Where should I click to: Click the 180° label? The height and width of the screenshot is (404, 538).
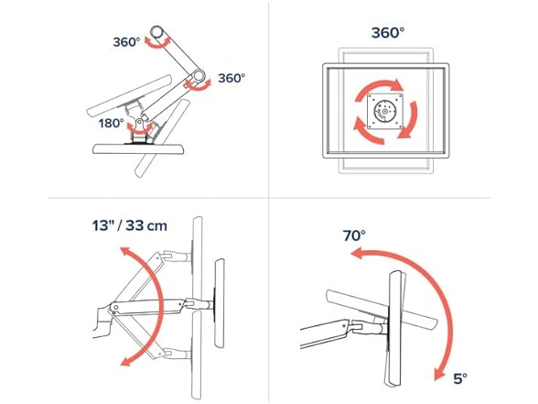click(112, 123)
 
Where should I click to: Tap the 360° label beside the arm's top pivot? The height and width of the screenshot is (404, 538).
click(126, 42)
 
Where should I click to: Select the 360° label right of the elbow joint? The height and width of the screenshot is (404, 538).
click(231, 78)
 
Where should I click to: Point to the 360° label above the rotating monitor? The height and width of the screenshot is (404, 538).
click(388, 33)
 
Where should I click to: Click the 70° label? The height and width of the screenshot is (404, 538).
click(354, 235)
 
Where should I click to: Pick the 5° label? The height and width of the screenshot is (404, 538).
click(460, 378)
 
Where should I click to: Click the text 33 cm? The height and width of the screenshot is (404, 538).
click(146, 225)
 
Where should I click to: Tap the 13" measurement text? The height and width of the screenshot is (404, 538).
click(103, 225)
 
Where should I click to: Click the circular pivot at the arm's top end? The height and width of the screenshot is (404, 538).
click(156, 32)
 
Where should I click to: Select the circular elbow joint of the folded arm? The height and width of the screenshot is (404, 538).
click(198, 75)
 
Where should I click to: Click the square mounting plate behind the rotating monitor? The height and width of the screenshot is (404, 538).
click(385, 111)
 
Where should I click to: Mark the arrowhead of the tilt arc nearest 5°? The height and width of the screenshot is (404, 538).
click(439, 374)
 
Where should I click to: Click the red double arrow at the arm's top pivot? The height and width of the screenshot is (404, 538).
click(157, 45)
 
